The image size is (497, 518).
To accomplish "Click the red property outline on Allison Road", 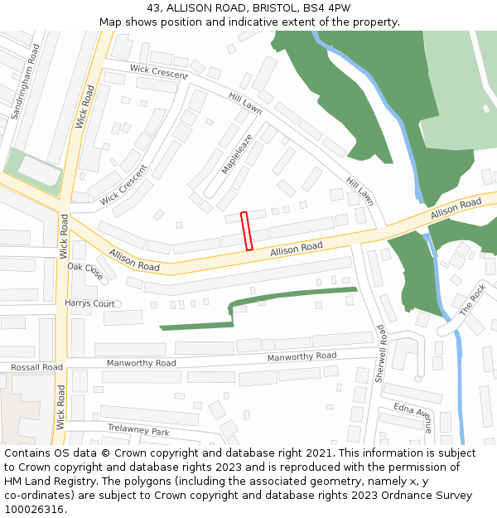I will (246, 231).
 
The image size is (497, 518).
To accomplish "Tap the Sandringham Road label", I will (25, 82).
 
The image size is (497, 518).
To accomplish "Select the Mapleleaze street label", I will (236, 154).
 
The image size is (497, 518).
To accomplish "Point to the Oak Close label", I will (85, 272).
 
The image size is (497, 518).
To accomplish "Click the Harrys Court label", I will (89, 303).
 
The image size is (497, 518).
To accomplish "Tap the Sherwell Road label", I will (381, 352).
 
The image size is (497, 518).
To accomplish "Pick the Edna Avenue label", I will (413, 418).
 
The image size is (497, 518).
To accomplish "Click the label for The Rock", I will (473, 300).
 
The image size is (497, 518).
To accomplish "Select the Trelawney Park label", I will (138, 431).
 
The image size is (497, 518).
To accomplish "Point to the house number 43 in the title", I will (154, 7).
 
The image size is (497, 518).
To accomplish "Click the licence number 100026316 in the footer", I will (33, 509).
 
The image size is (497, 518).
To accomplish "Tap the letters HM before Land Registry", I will (12, 482).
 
